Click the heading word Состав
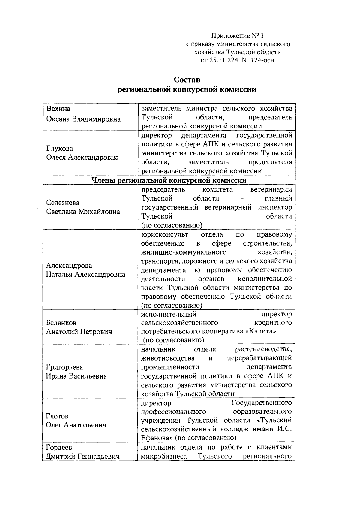(187, 80)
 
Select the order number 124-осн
(260, 60)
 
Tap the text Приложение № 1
(237, 36)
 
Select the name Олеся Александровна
(82, 157)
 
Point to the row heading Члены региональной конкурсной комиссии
(169, 180)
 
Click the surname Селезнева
(63, 203)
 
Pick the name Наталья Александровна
(85, 274)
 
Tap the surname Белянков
(61, 323)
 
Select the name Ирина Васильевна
(76, 376)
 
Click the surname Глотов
(57, 416)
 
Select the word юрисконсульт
(165, 234)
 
